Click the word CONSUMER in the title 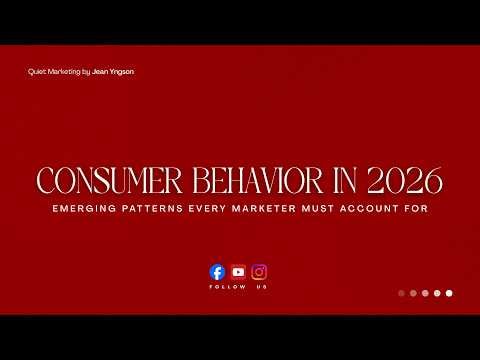click(x=98, y=183)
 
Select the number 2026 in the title click(x=406, y=183)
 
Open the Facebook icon click(x=217, y=271)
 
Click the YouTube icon click(x=238, y=271)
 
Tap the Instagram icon click(x=259, y=271)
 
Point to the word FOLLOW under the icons click(x=222, y=287)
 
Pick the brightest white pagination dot click(x=449, y=293)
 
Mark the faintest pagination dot click(x=401, y=293)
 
